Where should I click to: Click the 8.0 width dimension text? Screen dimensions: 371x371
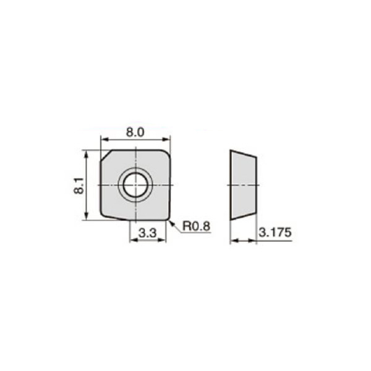point(135,132)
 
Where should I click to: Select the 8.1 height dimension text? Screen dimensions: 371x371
point(79,184)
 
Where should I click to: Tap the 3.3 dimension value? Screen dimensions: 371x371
point(147,233)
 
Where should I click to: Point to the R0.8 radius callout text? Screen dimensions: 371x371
point(197,227)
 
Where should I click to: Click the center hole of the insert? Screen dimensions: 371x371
point(135,184)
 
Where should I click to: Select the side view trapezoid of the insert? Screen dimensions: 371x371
point(242,184)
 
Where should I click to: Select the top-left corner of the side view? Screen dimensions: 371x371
point(230,150)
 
